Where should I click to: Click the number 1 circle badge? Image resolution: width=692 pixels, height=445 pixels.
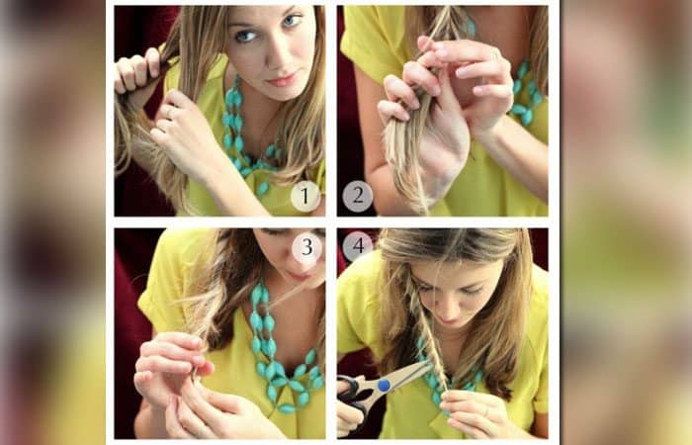tap(305, 196)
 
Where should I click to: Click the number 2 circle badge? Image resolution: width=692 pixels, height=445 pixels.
tap(358, 196)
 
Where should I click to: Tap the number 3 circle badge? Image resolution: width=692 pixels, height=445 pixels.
tap(306, 247)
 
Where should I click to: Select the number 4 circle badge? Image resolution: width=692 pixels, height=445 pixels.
tap(358, 245)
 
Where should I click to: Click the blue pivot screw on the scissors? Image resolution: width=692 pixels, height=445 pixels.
tap(384, 385)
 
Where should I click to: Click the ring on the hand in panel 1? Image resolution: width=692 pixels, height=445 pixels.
tap(169, 112)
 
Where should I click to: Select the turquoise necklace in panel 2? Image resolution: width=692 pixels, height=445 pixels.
tap(526, 93)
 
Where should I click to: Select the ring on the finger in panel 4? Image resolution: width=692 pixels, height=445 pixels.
tap(486, 411)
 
